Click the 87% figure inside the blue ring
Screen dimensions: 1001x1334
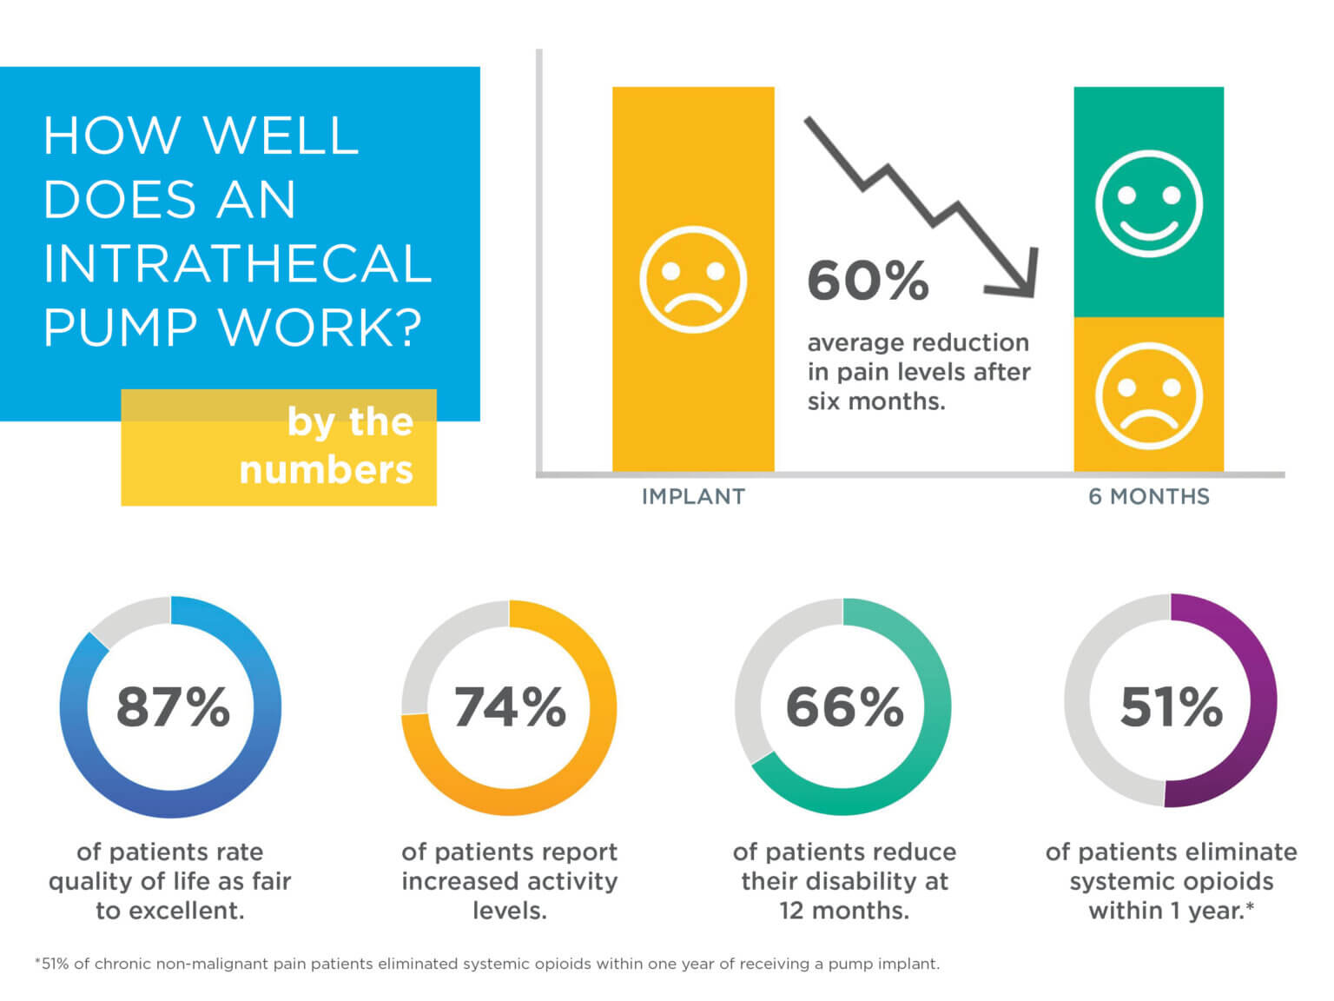(172, 706)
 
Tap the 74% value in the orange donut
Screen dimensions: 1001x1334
(509, 706)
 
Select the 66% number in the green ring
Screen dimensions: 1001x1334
(843, 706)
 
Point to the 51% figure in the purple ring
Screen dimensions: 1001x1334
(1171, 706)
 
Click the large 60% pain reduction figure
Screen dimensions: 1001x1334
(868, 281)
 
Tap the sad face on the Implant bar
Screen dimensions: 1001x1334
(692, 280)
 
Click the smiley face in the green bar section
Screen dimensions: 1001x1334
(1148, 204)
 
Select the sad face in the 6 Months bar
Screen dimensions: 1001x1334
(1148, 395)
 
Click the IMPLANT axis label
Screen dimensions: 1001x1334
(693, 496)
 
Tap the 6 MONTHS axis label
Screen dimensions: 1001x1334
(1148, 496)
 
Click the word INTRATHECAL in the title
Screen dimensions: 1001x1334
(237, 263)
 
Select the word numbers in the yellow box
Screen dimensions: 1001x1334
(326, 470)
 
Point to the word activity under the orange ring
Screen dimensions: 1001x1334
(570, 881)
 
